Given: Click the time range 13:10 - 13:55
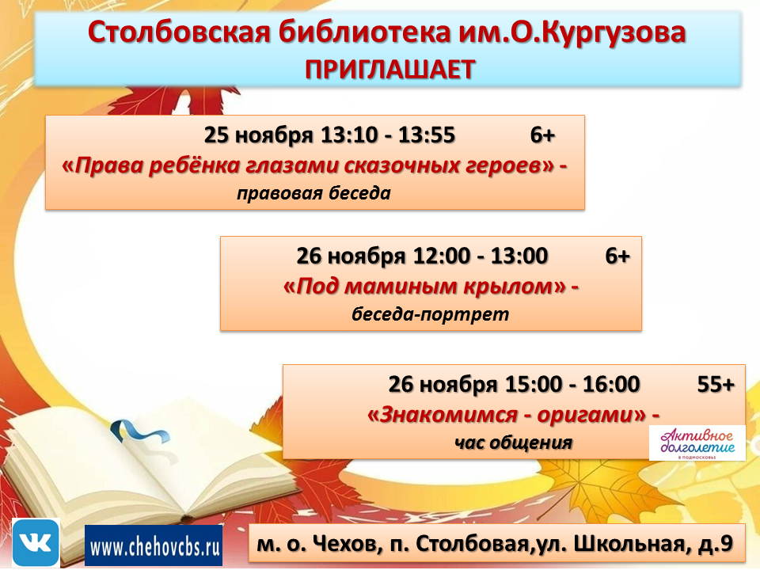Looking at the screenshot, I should [388, 135].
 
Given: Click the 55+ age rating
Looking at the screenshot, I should [716, 385].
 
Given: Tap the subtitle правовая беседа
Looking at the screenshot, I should [314, 193].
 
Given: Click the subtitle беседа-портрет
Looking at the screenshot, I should [430, 314].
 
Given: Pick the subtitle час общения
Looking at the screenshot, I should [513, 442].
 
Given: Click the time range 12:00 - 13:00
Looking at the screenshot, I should [481, 256].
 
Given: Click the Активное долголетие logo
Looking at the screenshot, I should [697, 443].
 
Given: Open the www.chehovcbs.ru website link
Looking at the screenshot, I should [154, 546].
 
